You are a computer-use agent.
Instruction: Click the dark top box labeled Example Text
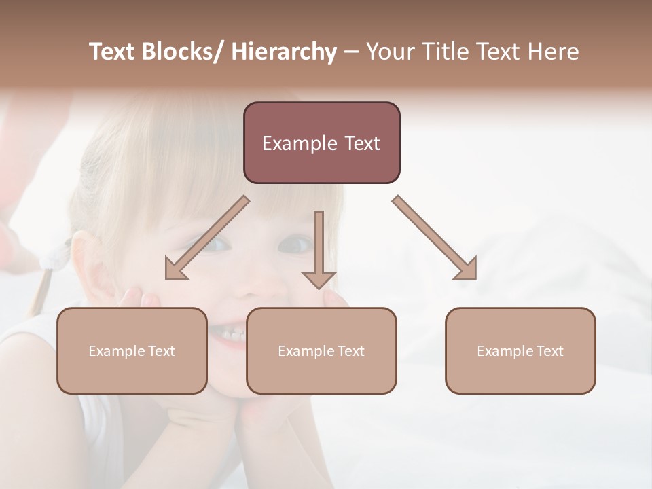click(x=321, y=143)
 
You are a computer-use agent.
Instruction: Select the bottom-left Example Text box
click(x=132, y=350)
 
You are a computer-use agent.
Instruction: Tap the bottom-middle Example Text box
click(x=321, y=350)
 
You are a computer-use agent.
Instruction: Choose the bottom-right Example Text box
click(x=520, y=350)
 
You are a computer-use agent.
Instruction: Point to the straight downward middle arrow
click(x=319, y=249)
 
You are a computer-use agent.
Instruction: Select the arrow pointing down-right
click(x=435, y=238)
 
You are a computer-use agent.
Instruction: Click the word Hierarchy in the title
click(x=284, y=52)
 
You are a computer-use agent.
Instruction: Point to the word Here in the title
click(x=554, y=52)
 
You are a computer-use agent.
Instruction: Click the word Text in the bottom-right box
click(x=549, y=351)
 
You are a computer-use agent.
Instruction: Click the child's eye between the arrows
click(x=297, y=242)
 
